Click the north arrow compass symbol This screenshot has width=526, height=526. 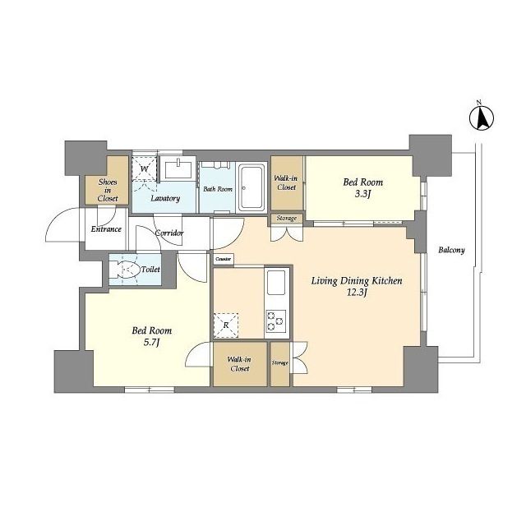click(x=482, y=118)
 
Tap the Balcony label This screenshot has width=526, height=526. click(x=451, y=250)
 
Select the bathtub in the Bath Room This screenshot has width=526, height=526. click(x=251, y=187)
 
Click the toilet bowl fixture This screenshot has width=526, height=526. click(x=128, y=269)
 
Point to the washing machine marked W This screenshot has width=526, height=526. click(x=145, y=168)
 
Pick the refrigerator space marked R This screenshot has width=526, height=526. click(x=226, y=325)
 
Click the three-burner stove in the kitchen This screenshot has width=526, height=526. click(x=276, y=321)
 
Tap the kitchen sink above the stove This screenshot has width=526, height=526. click(x=276, y=283)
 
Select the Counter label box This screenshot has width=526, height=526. click(x=224, y=260)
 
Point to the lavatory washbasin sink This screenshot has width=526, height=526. click(x=178, y=168)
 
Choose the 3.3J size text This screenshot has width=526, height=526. click(x=362, y=194)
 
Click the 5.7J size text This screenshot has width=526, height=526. click(x=152, y=343)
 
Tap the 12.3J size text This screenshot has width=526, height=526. click(x=357, y=293)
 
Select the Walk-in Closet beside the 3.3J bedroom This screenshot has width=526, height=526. click(x=287, y=183)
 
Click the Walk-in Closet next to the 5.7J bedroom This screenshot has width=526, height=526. click(x=240, y=364)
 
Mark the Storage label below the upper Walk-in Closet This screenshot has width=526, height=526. click(x=287, y=219)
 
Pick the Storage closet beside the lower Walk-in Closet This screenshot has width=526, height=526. click(x=280, y=364)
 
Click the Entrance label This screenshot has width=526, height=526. click(x=106, y=229)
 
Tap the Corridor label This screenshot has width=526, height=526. click(x=169, y=233)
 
